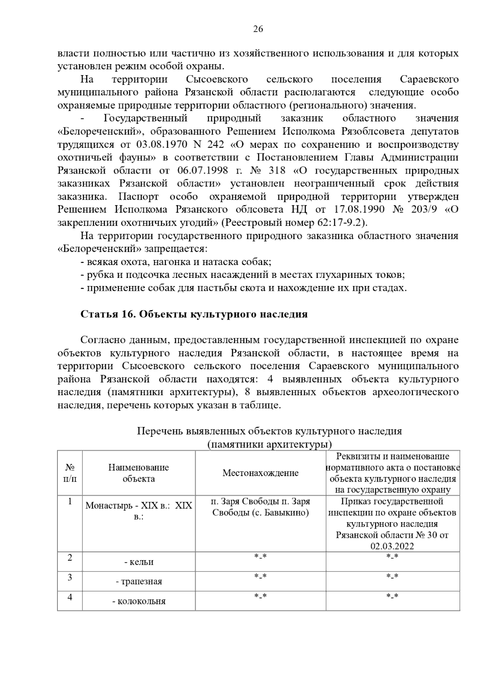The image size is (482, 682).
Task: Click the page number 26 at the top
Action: tap(258, 29)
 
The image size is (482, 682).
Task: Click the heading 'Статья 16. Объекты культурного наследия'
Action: tap(194, 314)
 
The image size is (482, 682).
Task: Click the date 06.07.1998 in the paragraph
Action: tap(202, 171)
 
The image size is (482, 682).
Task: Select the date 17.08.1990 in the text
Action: tap(359, 210)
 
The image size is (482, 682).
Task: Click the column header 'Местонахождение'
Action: tap(260, 473)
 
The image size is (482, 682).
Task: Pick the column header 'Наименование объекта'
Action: tap(139, 473)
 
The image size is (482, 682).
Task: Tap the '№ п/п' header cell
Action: tap(70, 473)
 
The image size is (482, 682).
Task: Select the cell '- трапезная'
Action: tap(139, 582)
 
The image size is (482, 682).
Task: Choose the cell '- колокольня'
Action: tap(139, 601)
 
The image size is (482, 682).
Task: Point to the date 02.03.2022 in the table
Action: tap(392, 546)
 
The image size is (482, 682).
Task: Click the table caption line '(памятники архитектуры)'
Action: tap(270, 445)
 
